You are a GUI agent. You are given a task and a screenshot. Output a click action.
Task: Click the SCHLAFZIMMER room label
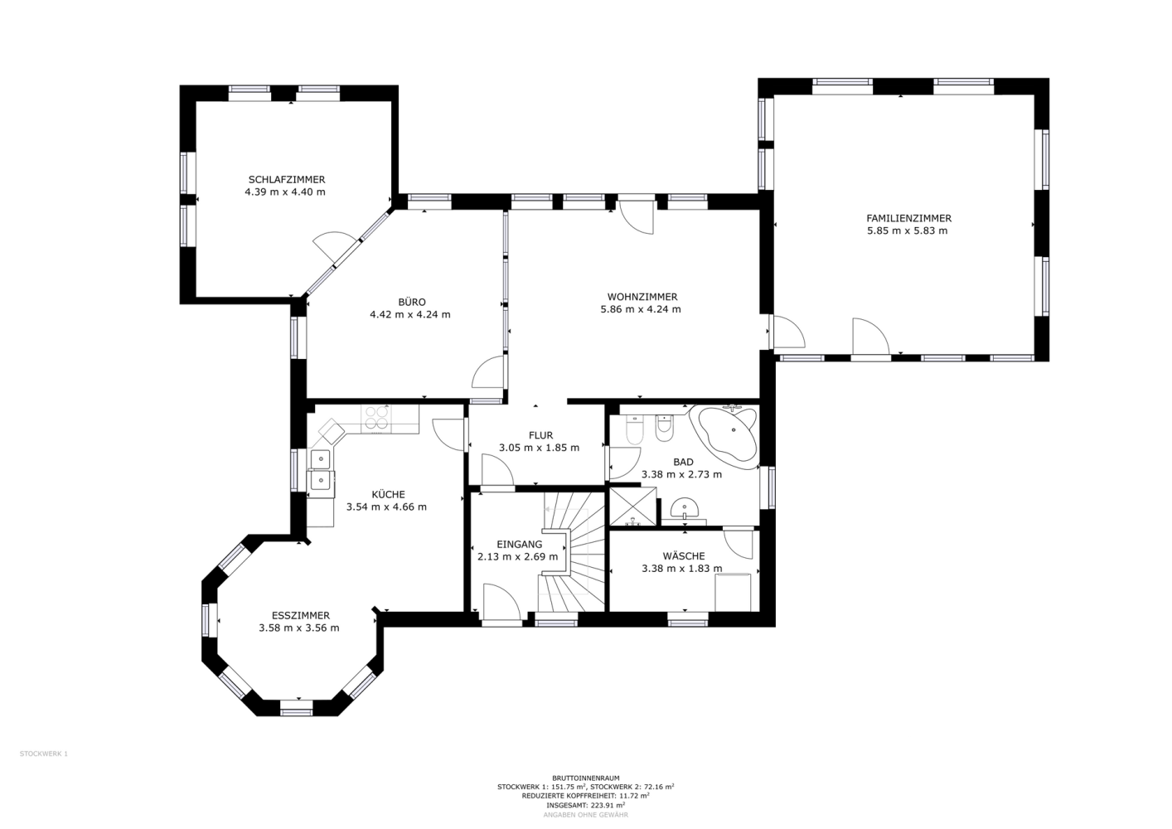point(287,180)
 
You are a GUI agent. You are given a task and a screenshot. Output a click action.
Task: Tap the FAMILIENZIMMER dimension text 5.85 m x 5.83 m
point(908,230)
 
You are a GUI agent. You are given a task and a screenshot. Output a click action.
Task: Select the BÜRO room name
point(412,302)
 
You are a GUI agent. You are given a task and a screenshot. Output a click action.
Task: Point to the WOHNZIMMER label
point(642,297)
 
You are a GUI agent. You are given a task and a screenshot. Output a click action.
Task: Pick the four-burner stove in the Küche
point(376,419)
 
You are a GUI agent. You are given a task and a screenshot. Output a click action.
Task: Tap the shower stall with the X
point(633,506)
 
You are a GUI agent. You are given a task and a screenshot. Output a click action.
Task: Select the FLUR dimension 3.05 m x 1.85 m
point(539,448)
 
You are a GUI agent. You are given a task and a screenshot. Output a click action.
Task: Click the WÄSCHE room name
point(683,555)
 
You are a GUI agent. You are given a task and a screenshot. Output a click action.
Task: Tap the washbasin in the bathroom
point(684,508)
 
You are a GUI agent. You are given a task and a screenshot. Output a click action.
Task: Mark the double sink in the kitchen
point(320,469)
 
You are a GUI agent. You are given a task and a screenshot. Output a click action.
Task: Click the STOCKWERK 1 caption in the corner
point(43,754)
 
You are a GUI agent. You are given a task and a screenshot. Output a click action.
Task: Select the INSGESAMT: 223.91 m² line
point(585,805)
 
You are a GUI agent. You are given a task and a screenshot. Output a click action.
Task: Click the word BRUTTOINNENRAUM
point(585,778)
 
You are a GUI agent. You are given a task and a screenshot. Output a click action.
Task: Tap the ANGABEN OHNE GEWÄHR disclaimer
point(585,815)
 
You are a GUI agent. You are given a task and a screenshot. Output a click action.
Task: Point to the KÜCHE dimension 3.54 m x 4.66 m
point(386,507)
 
